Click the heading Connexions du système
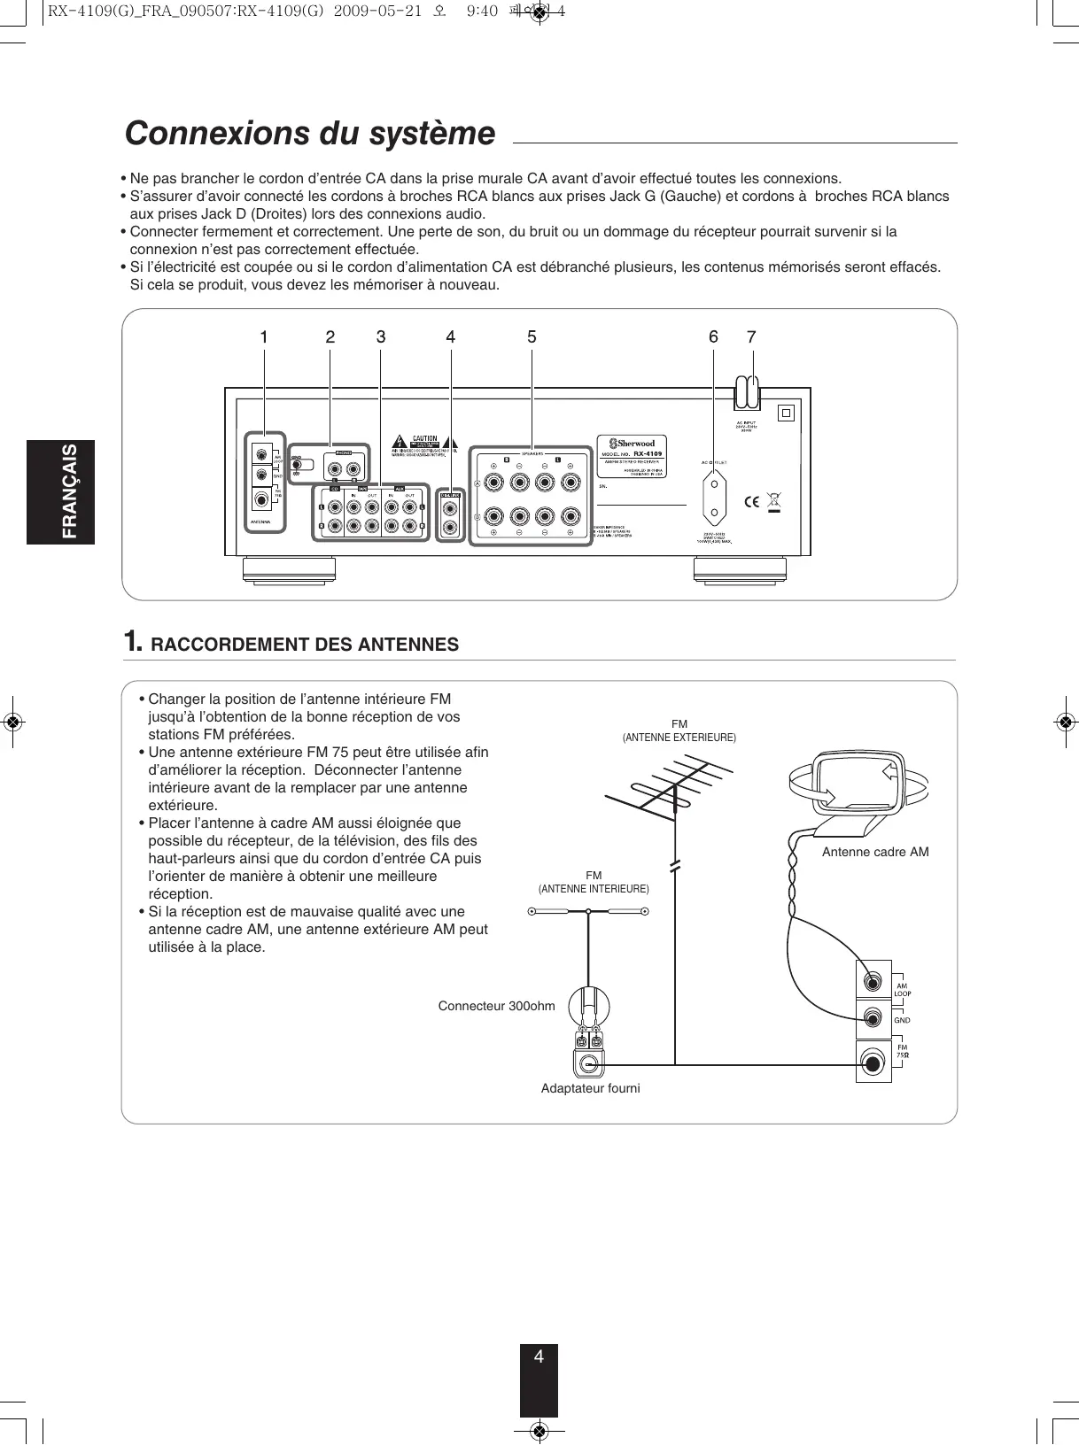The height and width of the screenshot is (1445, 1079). [x=310, y=134]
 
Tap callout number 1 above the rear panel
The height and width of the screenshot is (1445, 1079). [x=264, y=337]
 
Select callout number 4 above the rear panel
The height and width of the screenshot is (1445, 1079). [x=451, y=337]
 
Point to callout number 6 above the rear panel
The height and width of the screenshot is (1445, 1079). [x=713, y=337]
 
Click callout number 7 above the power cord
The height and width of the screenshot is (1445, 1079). [x=752, y=337]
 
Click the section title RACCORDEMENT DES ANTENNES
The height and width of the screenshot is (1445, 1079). [x=305, y=645]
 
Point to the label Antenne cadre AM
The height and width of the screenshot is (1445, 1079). [x=875, y=852]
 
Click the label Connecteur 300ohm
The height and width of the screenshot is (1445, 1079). [x=496, y=1006]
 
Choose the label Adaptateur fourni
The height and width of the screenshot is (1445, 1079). [x=590, y=1088]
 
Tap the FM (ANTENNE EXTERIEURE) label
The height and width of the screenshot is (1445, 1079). [x=679, y=731]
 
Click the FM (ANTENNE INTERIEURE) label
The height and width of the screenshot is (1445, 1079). [x=594, y=882]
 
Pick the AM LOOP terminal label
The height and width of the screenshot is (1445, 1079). [x=902, y=990]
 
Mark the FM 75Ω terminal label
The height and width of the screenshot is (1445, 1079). [x=902, y=1052]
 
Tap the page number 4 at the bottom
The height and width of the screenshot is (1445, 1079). [x=539, y=1356]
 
